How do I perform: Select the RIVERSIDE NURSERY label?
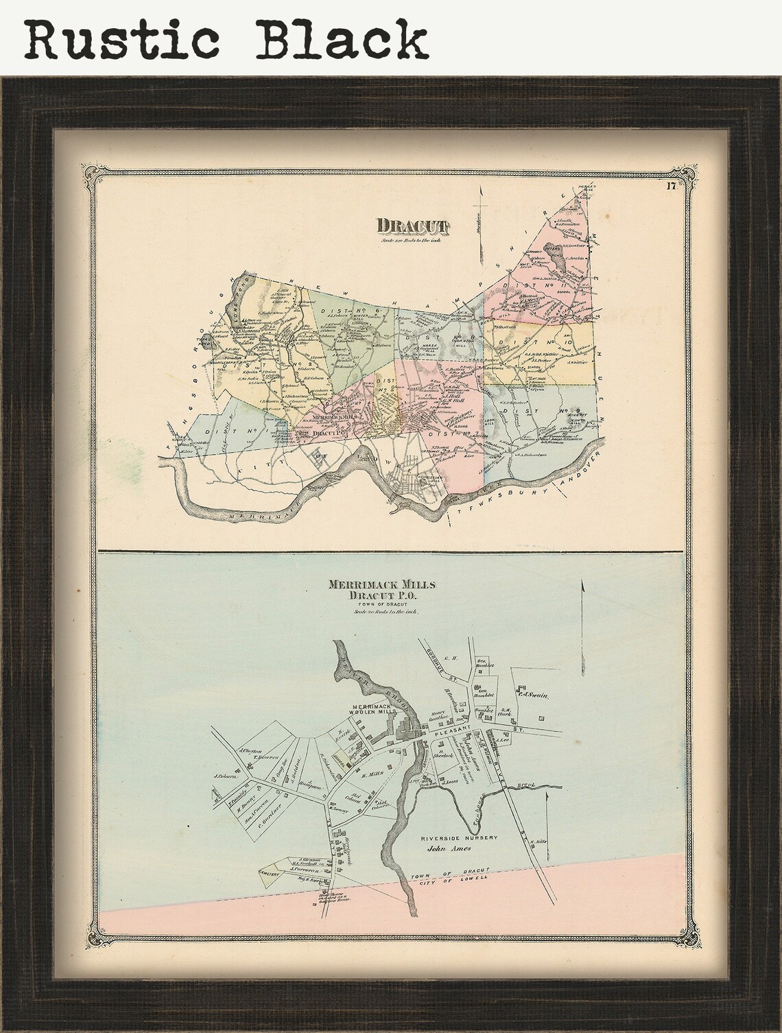pos(459,838)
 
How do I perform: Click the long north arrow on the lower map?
pos(582,617)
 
